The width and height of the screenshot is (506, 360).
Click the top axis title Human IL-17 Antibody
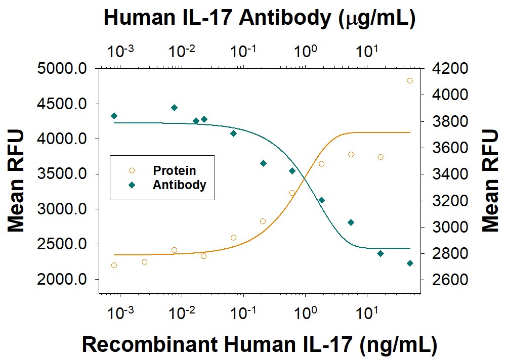(259, 18)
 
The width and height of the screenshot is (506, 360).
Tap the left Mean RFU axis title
(16, 181)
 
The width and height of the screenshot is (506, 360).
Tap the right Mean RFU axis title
(489, 181)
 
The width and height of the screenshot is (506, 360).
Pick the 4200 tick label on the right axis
(447, 69)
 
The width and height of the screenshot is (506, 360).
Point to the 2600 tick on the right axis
(447, 280)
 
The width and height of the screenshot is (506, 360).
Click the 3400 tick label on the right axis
(447, 174)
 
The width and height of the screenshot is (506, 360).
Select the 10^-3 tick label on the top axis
(120, 51)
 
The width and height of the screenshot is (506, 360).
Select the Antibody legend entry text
(179, 185)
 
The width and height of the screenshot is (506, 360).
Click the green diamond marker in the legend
(132, 185)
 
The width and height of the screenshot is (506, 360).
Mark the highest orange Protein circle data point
(410, 80)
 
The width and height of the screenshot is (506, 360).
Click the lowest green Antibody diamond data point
(410, 263)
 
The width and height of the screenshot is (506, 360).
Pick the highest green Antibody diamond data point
(174, 108)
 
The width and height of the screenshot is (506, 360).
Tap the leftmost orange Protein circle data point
(114, 265)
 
